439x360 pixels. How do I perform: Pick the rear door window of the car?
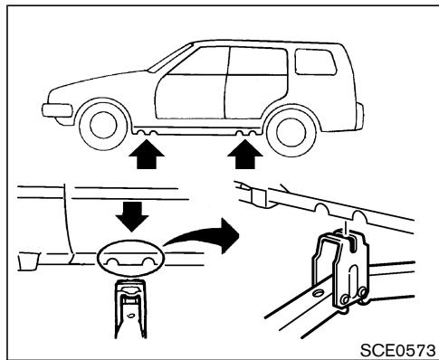coord(254,62)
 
